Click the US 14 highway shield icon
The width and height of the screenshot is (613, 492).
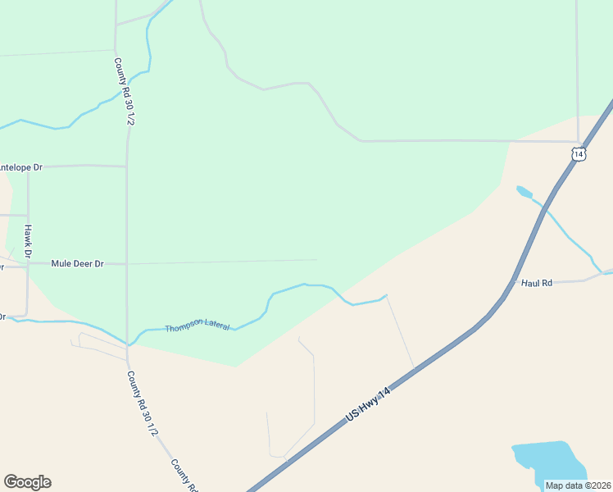[579, 153]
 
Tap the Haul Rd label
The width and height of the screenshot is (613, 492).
[537, 283]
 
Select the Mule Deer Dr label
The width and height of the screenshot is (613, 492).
[77, 264]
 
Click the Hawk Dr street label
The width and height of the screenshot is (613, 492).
[28, 241]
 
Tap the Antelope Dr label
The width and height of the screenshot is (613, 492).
[20, 167]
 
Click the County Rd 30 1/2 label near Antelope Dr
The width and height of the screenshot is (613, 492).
[125, 91]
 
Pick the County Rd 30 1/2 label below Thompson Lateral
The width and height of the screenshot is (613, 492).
[142, 403]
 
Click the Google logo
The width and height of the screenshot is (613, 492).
[27, 482]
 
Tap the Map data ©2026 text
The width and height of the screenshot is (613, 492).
[578, 485]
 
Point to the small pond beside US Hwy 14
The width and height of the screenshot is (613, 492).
[523, 192]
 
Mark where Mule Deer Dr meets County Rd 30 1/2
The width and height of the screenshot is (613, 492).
[127, 264]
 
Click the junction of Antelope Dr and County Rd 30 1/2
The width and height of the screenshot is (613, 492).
[127, 166]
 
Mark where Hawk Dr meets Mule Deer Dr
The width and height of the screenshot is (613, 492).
[28, 264]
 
